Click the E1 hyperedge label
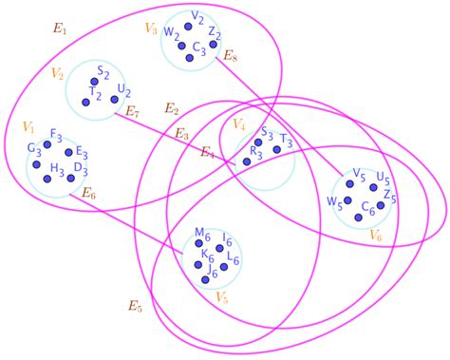(60, 30)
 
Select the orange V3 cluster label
(151, 29)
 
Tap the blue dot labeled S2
(98, 82)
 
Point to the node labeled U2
(114, 99)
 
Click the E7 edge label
(134, 112)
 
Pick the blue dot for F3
(47, 144)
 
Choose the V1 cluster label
(28, 126)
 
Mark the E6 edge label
(88, 194)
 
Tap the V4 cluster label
(238, 125)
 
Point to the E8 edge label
(231, 58)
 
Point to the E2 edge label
(172, 108)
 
